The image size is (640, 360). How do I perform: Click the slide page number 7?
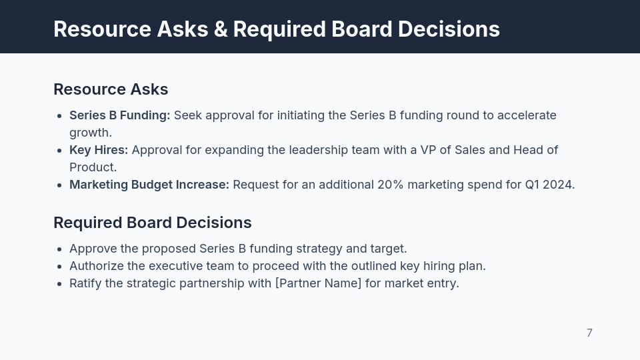[x=589, y=333]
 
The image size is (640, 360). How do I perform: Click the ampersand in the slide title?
[x=220, y=29]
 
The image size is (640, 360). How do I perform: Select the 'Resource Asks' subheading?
[x=111, y=89]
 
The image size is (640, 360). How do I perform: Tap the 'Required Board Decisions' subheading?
[x=153, y=223]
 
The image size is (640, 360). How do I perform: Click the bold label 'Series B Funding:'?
[x=120, y=115]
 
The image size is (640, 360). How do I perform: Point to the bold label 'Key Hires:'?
[x=99, y=150]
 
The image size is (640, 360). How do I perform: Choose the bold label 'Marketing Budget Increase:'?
[x=149, y=185]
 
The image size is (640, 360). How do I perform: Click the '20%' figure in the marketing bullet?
[x=391, y=185]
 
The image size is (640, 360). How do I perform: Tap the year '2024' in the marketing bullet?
[x=558, y=185]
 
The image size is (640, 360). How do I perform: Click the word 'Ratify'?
[x=85, y=283]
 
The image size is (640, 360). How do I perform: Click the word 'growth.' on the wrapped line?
[x=91, y=133]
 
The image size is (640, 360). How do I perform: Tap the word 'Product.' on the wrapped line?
[x=93, y=167]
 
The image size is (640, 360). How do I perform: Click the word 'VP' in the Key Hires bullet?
[x=428, y=150]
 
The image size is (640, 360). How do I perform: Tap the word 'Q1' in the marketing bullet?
[x=532, y=185]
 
